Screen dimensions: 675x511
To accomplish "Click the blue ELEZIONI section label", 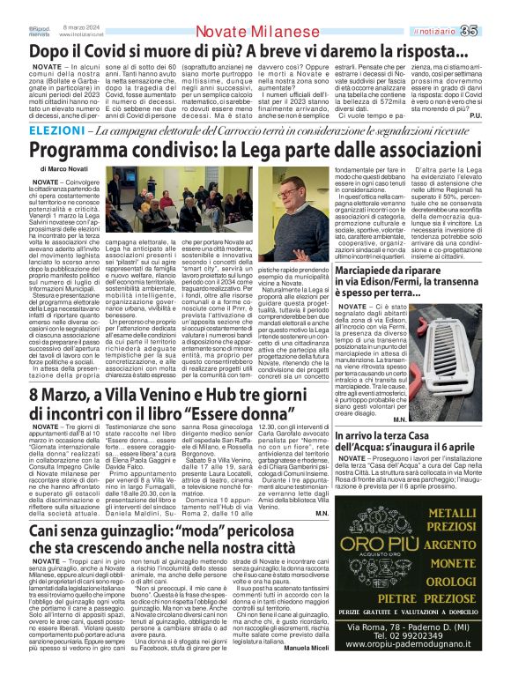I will tap(37, 130).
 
